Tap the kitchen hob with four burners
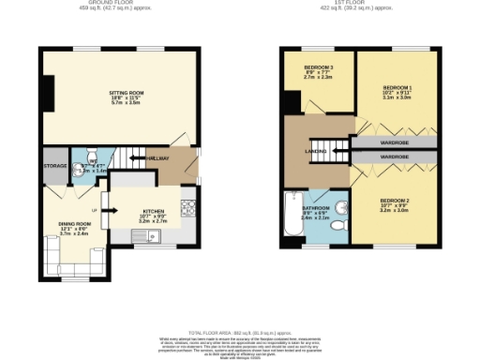(188, 206)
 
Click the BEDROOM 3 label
(318, 67)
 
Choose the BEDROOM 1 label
(397, 88)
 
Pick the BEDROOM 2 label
(394, 201)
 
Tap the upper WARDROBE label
(394, 144)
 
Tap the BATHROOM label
(315, 208)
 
